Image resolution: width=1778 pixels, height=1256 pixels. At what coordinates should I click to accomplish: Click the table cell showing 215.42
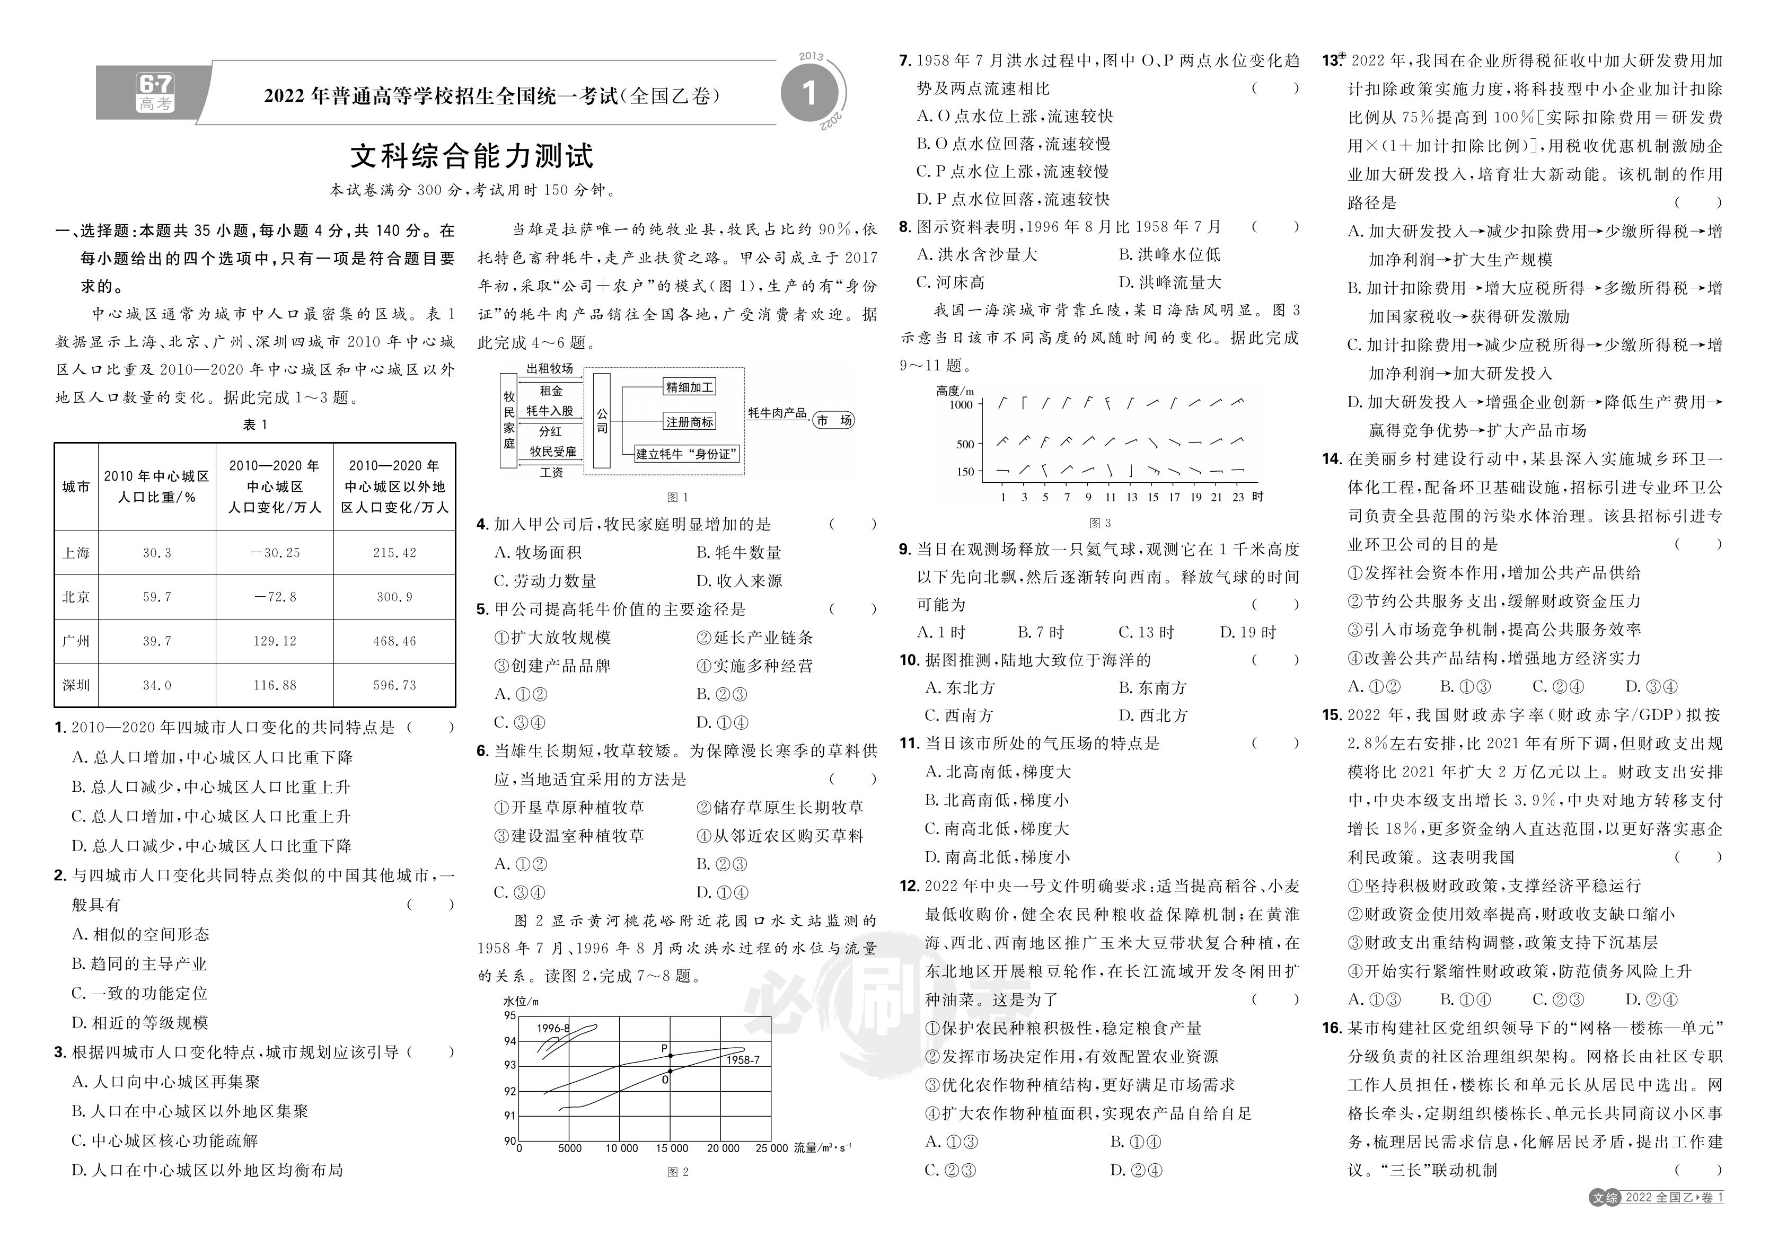coord(394,553)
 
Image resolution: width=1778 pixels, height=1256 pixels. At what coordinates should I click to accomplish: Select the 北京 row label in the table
coord(76,597)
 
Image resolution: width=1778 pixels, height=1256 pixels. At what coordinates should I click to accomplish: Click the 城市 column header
coord(76,487)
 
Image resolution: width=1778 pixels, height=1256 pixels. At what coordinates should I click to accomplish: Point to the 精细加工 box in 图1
coord(689,386)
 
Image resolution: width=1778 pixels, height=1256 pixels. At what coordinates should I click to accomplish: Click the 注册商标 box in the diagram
coord(689,422)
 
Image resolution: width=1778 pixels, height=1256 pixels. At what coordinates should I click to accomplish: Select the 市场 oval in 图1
coord(834,420)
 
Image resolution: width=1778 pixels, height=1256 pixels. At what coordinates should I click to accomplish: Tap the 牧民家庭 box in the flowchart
coord(509,420)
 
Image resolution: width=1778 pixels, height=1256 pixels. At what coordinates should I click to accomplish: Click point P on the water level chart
coord(670,1056)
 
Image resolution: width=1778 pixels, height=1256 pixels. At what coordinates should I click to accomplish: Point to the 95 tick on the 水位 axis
coord(509,1015)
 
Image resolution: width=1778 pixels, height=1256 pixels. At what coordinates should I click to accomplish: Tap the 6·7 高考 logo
coord(155,93)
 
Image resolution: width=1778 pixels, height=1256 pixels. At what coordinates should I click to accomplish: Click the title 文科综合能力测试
coord(472,156)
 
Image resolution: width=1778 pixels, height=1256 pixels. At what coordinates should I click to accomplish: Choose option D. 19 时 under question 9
coord(1247,633)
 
